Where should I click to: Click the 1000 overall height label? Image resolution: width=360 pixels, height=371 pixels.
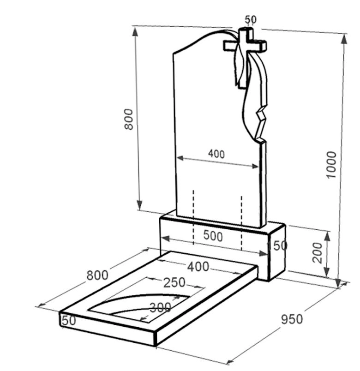click(x=331, y=165)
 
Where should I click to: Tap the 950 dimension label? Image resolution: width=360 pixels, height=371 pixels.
click(x=292, y=319)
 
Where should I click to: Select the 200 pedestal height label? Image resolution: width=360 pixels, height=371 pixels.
click(x=318, y=252)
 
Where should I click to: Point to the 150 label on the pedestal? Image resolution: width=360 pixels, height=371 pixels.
click(x=277, y=245)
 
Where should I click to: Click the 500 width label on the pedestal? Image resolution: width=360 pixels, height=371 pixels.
click(x=213, y=236)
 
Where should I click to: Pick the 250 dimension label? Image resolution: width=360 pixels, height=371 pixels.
click(x=174, y=282)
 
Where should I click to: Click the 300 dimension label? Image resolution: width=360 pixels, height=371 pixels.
click(x=161, y=307)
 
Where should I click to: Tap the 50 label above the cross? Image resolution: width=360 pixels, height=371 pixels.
click(x=251, y=19)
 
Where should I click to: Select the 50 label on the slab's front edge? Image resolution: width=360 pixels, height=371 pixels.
click(x=69, y=321)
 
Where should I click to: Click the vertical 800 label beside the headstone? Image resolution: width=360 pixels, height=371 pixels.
click(x=129, y=119)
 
